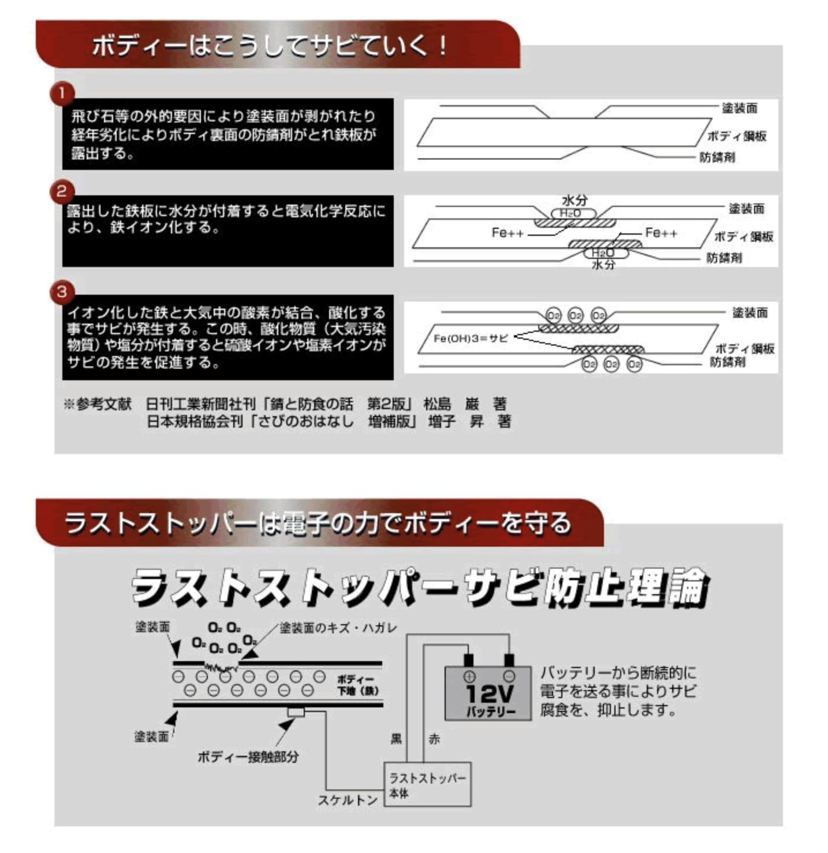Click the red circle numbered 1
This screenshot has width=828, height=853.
(62, 93)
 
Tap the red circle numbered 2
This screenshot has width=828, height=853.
(62, 191)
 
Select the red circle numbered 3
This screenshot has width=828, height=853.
(62, 291)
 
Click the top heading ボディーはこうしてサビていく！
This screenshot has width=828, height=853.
(270, 46)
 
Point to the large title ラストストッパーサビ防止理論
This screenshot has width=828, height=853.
(419, 587)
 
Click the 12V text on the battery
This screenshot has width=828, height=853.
(488, 693)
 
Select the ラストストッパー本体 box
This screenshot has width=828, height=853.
(427, 785)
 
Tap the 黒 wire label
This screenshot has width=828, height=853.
(396, 739)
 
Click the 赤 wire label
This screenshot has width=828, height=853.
(434, 739)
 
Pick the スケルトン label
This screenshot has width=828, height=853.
(348, 800)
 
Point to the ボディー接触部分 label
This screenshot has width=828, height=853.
(248, 756)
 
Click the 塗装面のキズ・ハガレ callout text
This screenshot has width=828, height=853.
(338, 628)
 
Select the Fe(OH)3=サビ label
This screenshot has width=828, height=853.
(470, 338)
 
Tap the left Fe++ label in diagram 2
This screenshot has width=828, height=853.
(508, 232)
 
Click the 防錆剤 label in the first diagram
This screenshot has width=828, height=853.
(717, 157)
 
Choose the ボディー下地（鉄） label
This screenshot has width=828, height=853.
(358, 685)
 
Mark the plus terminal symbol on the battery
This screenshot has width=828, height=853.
(469, 676)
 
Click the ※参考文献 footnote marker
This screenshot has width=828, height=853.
(98, 403)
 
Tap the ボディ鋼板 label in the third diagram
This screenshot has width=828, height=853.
(744, 348)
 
